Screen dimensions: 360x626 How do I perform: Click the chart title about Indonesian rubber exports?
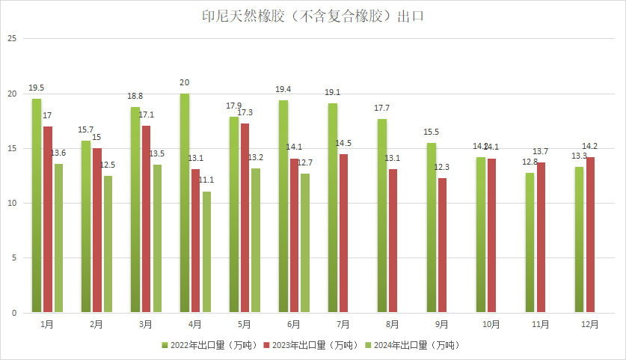pos(313,16)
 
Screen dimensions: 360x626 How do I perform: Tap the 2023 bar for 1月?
pos(48,219)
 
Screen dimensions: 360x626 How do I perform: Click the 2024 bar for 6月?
pos(305,243)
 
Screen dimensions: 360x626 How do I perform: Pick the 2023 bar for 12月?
pos(590,235)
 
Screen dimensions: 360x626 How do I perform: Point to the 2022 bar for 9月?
pos(432,228)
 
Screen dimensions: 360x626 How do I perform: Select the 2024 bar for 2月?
pos(108,244)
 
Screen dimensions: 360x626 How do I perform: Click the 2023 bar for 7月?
pos(343,234)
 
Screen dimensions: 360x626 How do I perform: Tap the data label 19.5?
pos(36,88)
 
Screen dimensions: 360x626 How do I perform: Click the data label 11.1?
pos(206,180)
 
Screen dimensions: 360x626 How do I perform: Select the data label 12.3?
pos(442,167)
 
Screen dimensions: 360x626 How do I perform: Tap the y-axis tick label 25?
pos(12,39)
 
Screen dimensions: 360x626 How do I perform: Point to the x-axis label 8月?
pos(393,325)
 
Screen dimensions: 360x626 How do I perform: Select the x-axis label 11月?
pos(541,325)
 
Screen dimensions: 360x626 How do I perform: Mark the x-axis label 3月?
pos(146,325)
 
